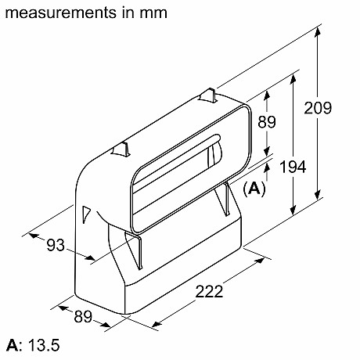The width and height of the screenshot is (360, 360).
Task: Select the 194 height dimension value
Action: click(x=311, y=166)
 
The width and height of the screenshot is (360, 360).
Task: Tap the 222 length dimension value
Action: click(x=207, y=291)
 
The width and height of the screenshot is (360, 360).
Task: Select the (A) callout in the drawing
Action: click(x=254, y=188)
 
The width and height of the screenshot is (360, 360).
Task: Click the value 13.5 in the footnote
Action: click(x=43, y=345)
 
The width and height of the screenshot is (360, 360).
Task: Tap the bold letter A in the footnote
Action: click(x=11, y=345)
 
